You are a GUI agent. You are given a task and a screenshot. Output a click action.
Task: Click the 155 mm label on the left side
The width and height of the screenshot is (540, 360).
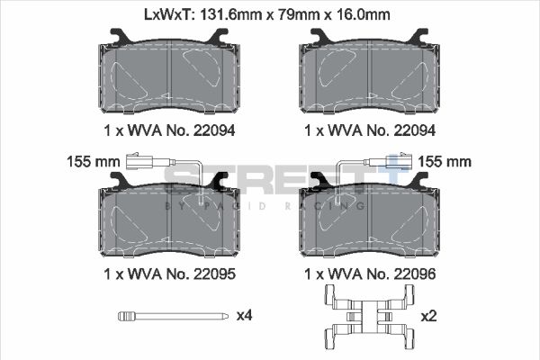click(93, 162)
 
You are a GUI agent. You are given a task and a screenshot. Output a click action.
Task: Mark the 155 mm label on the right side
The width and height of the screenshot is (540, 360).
click(446, 162)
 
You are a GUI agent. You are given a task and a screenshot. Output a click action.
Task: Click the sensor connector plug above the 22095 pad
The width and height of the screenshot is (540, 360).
click(141, 163)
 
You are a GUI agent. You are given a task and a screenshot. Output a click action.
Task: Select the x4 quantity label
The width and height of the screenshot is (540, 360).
click(244, 316)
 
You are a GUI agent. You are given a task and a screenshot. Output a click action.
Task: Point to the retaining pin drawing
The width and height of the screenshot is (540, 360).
click(170, 316)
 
